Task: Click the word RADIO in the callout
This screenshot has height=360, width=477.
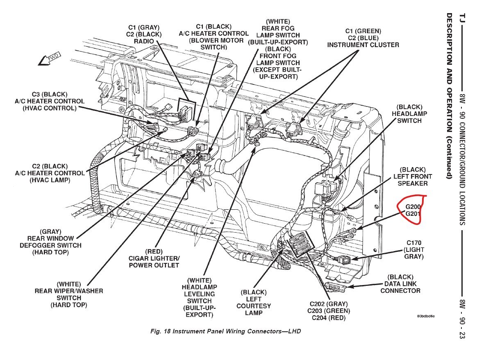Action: tap(145, 41)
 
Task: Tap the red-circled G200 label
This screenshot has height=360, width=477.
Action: tap(413, 207)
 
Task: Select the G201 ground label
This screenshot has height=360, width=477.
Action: tap(413, 214)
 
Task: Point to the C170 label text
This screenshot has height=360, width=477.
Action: tap(413, 243)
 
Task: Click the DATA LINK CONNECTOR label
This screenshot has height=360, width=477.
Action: tap(400, 287)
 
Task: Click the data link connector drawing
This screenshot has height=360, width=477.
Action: tap(336, 287)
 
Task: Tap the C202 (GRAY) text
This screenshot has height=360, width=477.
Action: tap(329, 304)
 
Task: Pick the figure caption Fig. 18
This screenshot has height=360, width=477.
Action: tap(226, 331)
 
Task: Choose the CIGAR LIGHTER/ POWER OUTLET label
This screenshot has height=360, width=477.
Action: tap(154, 262)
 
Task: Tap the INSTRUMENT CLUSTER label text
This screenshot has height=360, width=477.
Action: tap(363, 45)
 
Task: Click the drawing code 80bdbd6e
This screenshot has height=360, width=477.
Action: tap(426, 316)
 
